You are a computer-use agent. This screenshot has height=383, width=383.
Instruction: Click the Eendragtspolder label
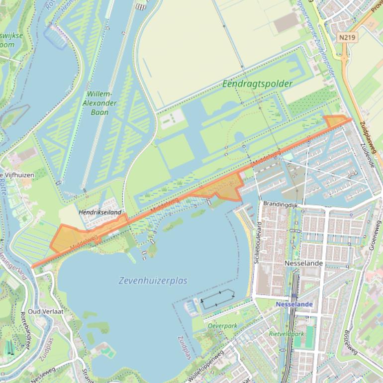(x=257, y=84)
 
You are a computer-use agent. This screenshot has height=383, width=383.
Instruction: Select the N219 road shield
(x=347, y=37)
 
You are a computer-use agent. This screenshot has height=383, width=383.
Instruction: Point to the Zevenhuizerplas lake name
(x=153, y=281)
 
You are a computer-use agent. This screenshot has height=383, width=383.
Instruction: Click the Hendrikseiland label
(x=100, y=212)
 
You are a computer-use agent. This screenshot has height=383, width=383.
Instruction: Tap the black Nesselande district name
(x=303, y=263)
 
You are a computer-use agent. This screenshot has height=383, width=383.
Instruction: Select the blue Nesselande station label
(x=293, y=304)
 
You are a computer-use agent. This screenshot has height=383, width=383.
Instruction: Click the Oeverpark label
(x=222, y=326)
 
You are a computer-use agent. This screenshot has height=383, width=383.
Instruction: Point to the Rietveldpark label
(x=286, y=334)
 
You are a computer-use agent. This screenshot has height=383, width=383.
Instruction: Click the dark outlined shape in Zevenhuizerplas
(x=218, y=299)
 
